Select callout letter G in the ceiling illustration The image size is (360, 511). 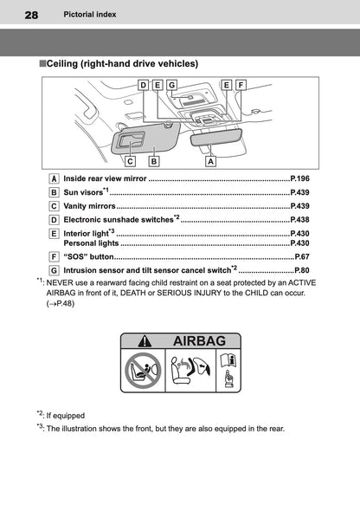(171, 85)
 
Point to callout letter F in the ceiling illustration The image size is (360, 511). (241, 85)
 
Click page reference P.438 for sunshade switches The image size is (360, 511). (299, 220)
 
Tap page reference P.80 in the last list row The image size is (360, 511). (302, 270)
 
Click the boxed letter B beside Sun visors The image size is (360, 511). (55, 191)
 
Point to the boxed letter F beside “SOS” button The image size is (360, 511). (55, 256)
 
